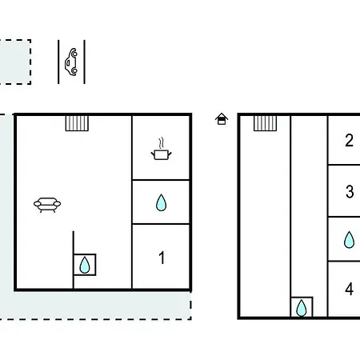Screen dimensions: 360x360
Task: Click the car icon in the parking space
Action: click(x=71, y=62)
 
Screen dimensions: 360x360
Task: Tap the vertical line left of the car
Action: click(x=58, y=62)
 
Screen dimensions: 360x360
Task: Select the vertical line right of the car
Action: click(x=85, y=62)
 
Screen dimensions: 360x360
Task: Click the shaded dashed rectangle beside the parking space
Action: click(x=15, y=62)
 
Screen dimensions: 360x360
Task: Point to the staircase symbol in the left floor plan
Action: click(x=77, y=123)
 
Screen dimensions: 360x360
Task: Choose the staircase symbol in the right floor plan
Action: click(x=265, y=123)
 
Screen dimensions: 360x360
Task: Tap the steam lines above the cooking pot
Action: click(x=161, y=143)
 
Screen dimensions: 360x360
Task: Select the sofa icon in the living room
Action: click(x=47, y=205)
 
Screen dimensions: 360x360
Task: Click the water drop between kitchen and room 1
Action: click(x=161, y=202)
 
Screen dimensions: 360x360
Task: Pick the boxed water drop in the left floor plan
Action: click(x=85, y=265)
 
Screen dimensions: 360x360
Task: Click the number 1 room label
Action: click(x=162, y=258)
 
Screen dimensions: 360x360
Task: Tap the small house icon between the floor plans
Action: click(x=222, y=119)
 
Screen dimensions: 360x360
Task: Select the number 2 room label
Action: click(x=349, y=140)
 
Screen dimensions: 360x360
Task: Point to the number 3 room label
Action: click(x=350, y=191)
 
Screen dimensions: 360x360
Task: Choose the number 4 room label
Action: click(x=349, y=289)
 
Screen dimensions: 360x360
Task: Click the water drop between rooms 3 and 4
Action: click(x=349, y=240)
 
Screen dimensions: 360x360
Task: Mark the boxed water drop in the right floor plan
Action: click(x=302, y=307)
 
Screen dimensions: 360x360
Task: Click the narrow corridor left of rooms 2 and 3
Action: click(x=309, y=206)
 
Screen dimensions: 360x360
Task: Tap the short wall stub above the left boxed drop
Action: click(x=74, y=242)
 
